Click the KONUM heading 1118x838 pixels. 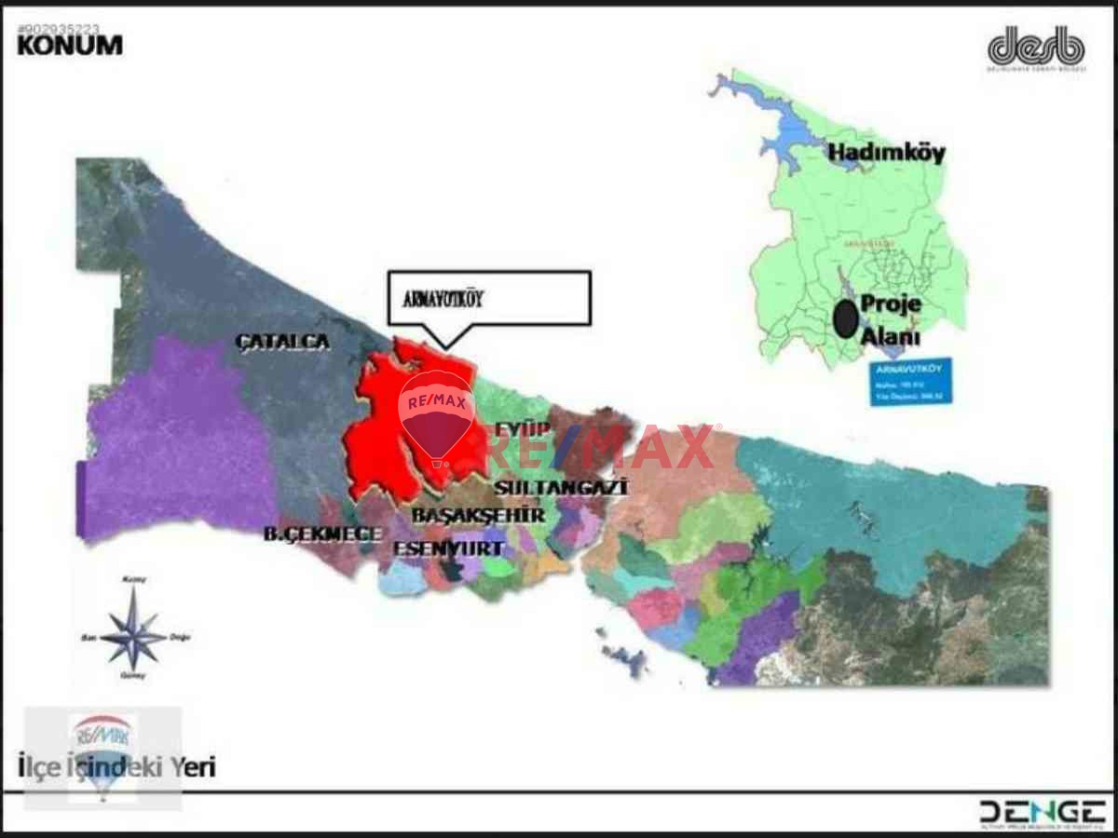(x=70, y=45)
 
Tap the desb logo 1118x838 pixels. (x=1036, y=47)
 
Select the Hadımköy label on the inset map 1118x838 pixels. (x=886, y=153)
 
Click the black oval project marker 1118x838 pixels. (x=844, y=319)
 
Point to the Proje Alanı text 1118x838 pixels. (x=890, y=320)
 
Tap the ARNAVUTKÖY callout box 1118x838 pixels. (x=489, y=298)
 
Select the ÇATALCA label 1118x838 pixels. (x=283, y=342)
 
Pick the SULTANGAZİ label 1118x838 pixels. (x=561, y=487)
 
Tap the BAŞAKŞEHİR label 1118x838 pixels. (x=478, y=515)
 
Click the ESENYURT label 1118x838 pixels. (x=449, y=547)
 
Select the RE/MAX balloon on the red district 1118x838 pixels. (x=436, y=414)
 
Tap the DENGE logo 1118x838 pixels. (x=1042, y=811)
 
